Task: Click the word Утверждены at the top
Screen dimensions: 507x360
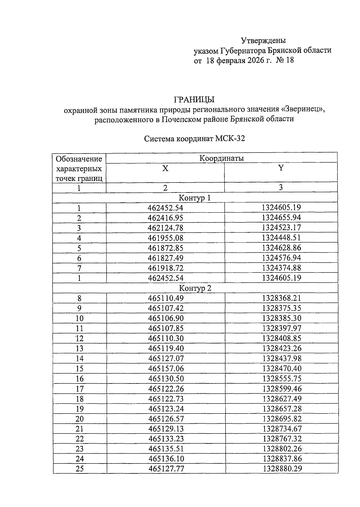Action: tap(263, 40)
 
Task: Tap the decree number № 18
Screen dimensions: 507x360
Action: tap(285, 60)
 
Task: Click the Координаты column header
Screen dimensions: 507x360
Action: tap(221, 158)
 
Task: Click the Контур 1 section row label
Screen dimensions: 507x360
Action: tap(195, 198)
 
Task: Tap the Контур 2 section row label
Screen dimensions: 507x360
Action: tap(195, 288)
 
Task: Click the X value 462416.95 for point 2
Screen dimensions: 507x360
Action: tap(165, 218)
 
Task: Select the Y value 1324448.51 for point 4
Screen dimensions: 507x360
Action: tap(281, 238)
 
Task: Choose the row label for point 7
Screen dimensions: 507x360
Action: tap(79, 268)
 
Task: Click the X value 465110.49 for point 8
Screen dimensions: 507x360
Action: tap(166, 298)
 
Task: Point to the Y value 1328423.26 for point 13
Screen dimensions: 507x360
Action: tap(282, 348)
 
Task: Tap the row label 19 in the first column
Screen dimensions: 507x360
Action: tap(79, 409)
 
